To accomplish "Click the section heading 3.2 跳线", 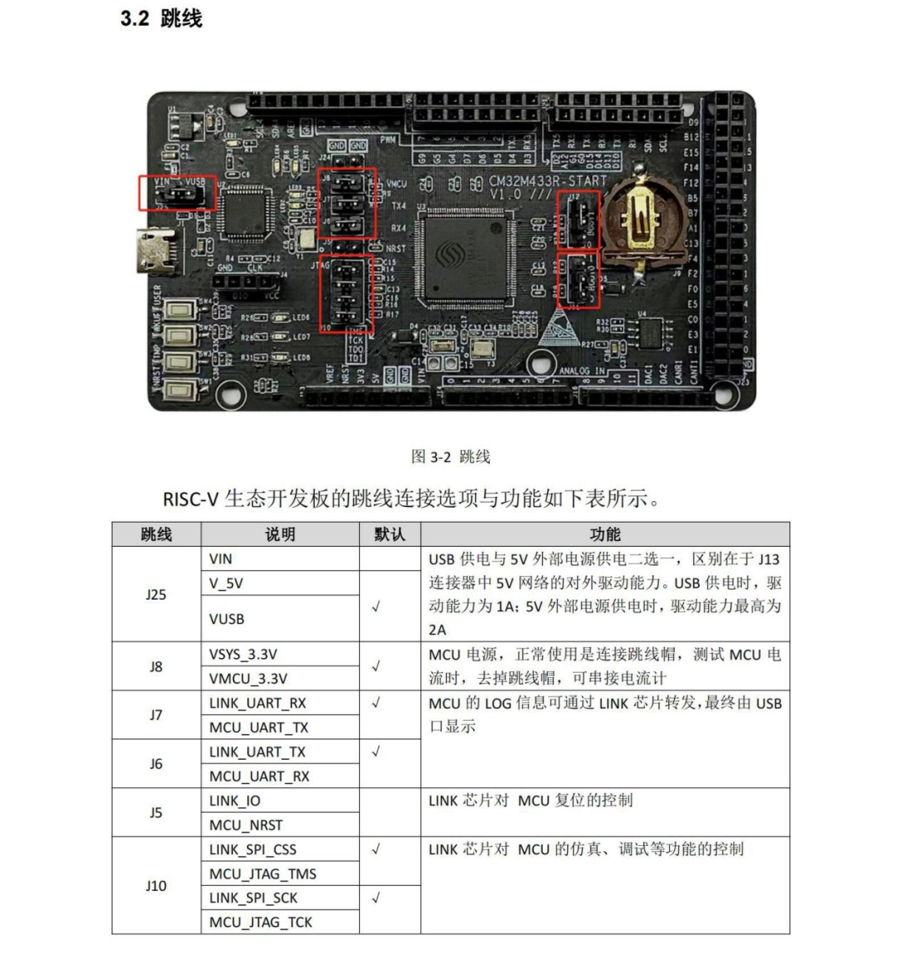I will point(161,18).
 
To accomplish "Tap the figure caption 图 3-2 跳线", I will point(450,456).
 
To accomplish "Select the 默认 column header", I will point(389,534).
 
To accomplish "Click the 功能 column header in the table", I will point(605,534).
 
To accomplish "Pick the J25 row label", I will point(156,595).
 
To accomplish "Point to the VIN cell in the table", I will point(220,559).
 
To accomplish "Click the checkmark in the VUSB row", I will point(376,607).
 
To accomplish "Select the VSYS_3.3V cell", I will point(242,654).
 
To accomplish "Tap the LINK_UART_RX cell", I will point(257,703).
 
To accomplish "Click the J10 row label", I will point(156,885).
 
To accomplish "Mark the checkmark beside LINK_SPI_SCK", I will point(376,898).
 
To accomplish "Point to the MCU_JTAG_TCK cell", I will point(261,922).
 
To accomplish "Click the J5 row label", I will point(156,813).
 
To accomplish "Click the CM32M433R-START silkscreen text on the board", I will point(547,181).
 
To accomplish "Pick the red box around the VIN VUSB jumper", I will point(177,194).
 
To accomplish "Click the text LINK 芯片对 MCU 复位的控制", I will point(530,800).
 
